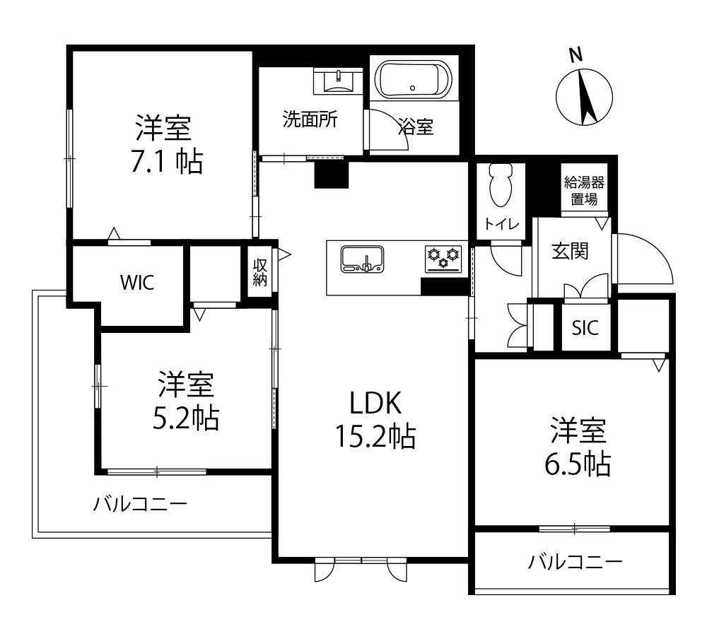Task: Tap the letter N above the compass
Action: [x=576, y=54]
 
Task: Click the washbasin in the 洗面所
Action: [x=339, y=81]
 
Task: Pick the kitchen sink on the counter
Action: [x=361, y=259]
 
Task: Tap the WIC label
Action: [x=136, y=282]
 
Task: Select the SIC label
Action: [x=585, y=328]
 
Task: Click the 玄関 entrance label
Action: [x=570, y=250]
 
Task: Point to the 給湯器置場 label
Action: [x=584, y=191]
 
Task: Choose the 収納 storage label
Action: [x=260, y=272]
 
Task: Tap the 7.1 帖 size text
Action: [x=165, y=163]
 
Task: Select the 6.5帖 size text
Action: [x=578, y=464]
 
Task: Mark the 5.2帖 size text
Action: [x=185, y=418]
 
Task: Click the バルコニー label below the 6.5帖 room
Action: [x=575, y=563]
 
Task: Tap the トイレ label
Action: [x=502, y=225]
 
